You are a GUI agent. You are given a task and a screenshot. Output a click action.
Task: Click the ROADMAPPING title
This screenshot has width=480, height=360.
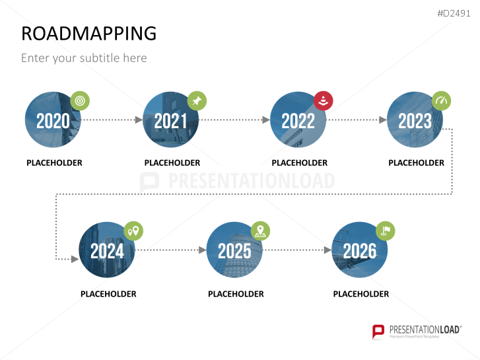88,33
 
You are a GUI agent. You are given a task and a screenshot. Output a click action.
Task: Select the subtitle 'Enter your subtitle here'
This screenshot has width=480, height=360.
84,58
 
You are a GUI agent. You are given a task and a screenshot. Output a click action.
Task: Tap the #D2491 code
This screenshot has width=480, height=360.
454,13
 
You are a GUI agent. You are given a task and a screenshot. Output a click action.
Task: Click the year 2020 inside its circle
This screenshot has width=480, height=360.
53,121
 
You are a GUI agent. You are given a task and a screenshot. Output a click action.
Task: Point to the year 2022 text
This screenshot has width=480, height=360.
298,121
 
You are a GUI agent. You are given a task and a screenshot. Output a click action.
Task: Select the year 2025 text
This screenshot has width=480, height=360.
234,251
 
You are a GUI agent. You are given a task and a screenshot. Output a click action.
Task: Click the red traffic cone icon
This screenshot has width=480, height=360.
324,101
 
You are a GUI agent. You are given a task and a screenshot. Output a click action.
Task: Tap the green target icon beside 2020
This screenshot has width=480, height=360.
80,100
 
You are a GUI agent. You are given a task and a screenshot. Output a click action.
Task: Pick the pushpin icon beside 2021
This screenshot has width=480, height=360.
197,100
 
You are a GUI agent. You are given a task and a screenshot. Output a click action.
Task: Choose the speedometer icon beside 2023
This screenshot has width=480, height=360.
441,100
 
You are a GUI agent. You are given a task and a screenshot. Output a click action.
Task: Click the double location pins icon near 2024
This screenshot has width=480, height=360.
133,231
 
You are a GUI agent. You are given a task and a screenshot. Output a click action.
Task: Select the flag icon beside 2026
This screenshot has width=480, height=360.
386,231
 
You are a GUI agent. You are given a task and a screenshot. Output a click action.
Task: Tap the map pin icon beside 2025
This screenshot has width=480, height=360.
260,231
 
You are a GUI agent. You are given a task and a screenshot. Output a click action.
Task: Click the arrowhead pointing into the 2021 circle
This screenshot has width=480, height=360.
139,120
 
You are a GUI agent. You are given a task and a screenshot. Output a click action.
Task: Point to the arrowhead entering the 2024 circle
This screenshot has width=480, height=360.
75,259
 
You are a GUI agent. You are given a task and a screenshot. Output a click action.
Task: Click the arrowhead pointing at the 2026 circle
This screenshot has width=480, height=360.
328,250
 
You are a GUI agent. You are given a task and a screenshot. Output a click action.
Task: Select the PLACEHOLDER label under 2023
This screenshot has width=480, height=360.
417,162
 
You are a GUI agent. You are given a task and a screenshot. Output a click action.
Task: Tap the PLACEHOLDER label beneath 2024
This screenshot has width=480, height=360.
108,294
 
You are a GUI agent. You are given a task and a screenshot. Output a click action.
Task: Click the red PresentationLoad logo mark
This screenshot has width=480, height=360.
378,332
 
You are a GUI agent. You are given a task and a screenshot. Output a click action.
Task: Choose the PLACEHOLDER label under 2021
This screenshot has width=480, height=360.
172,162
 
